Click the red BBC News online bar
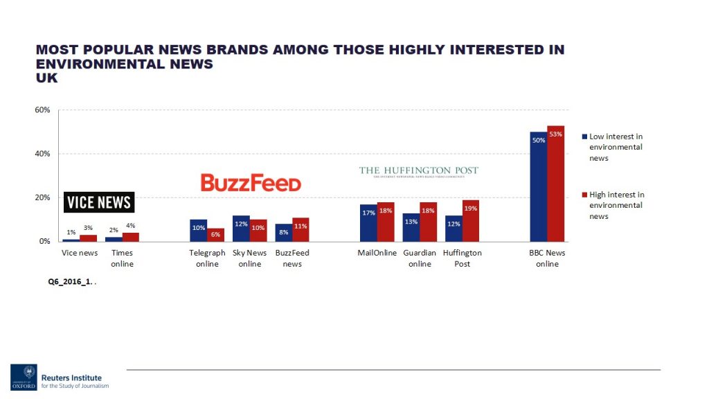tap(556, 184)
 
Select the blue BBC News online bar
tap(539, 186)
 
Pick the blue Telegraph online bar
tap(199, 230)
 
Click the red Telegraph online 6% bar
tap(216, 235)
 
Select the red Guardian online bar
tap(429, 222)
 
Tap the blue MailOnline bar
tap(368, 222)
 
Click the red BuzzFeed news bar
tap(300, 229)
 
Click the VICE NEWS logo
tap(99, 202)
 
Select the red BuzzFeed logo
tap(251, 183)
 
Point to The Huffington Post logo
tap(419, 171)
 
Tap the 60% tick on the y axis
tap(42, 110)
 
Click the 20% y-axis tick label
tap(42, 197)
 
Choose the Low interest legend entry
tap(616, 147)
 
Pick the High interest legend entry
tap(616, 205)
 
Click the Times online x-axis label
tap(122, 258)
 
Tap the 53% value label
tap(555, 134)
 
